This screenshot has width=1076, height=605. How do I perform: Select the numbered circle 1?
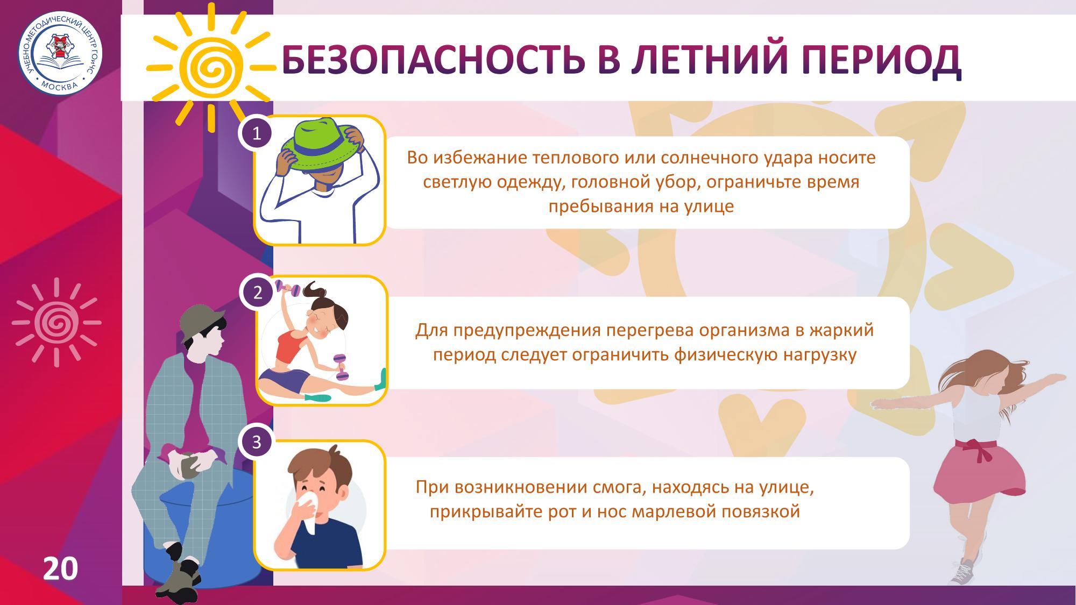click(257, 132)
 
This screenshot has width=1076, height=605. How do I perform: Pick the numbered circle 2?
click(258, 293)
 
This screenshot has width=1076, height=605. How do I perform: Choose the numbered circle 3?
click(257, 442)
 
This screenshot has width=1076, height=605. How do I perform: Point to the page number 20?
click(60, 568)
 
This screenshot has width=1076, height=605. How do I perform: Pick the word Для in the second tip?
click(431, 330)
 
